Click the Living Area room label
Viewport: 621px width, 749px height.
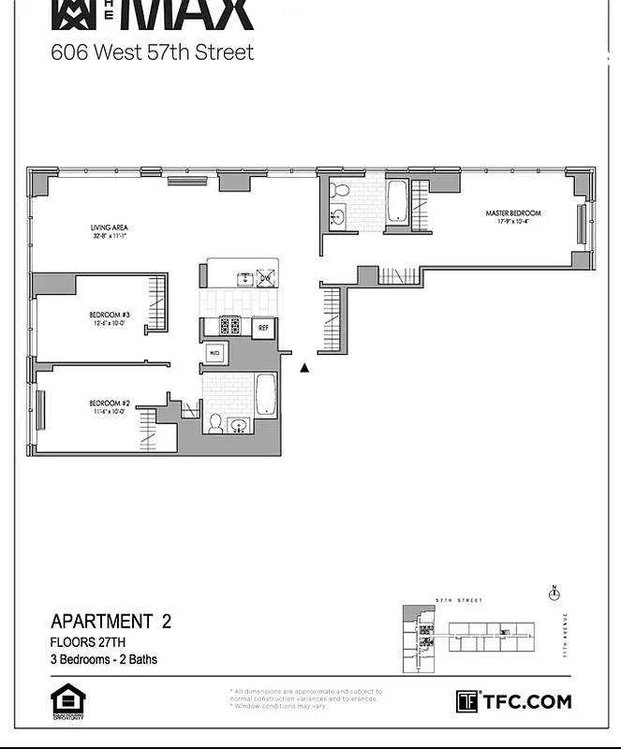coord(110,228)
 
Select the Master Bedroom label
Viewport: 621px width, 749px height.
coord(512,213)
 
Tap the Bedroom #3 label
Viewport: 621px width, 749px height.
coord(110,314)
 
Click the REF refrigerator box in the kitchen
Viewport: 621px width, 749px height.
coord(263,328)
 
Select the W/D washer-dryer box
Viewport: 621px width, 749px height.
coord(214,353)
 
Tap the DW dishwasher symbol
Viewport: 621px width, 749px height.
coord(265,278)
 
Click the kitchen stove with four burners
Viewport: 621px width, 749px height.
coord(230,327)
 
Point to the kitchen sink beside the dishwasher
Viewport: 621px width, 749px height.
coord(245,277)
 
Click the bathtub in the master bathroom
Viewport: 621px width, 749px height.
coord(397,200)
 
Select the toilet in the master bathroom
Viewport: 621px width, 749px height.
coord(341,192)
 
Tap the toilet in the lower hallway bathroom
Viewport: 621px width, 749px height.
coord(214,424)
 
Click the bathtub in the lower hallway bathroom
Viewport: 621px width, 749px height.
coord(265,394)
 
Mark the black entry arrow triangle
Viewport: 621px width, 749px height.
coord(304,368)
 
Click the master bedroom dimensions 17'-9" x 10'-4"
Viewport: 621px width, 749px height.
coord(512,223)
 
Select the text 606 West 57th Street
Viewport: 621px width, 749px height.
coord(152,52)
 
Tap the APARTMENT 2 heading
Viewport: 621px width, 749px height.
coord(111,622)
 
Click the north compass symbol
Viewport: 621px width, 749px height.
coord(554,593)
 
